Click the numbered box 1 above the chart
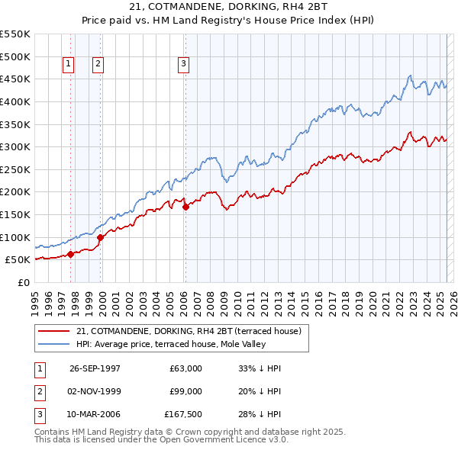tap(69, 65)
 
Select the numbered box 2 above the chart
tap(98, 65)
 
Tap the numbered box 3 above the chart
tap(184, 65)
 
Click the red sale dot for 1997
tap(71, 254)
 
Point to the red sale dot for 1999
tap(100, 238)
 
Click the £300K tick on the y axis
tap(16, 146)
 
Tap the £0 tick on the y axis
tap(24, 282)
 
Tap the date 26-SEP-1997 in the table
tap(95, 368)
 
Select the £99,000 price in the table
tap(186, 391)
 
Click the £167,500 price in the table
tap(183, 415)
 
